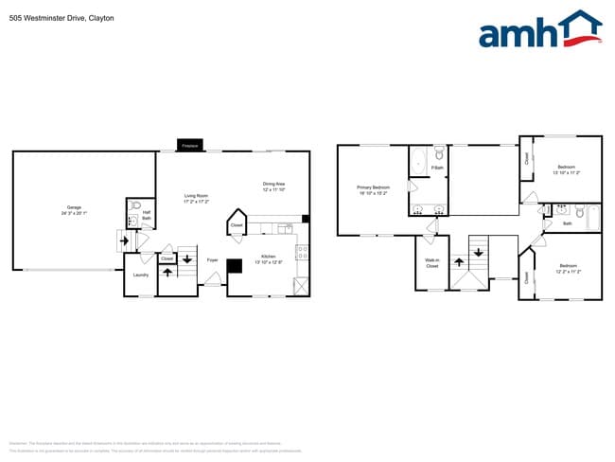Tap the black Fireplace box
tap(189, 146)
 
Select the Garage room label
tap(74, 209)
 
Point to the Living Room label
tap(196, 198)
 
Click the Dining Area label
tap(274, 186)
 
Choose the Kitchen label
tap(269, 258)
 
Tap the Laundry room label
tap(140, 276)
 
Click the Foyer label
tap(213, 258)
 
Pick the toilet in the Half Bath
tap(136, 206)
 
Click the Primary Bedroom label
tap(373, 189)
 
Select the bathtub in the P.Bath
tap(418, 162)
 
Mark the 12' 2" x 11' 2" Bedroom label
tap(568, 268)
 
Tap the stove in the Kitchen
tap(302, 253)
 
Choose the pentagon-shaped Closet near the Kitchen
tap(237, 225)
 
